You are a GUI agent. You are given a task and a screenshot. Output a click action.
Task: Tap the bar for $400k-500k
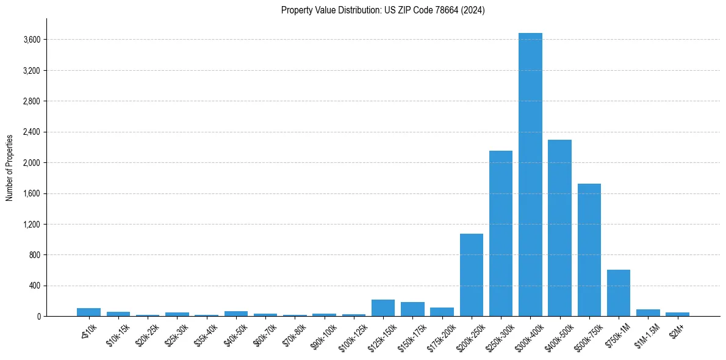point(559,228)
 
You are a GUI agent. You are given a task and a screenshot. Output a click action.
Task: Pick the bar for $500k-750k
point(589,250)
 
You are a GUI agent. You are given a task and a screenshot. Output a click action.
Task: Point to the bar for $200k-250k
point(472,275)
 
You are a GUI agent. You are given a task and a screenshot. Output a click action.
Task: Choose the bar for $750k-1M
point(619,293)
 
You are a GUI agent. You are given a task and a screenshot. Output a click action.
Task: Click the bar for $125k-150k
point(383,308)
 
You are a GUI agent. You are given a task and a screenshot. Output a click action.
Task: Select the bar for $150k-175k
point(412,309)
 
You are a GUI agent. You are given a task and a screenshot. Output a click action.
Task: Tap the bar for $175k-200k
point(442,312)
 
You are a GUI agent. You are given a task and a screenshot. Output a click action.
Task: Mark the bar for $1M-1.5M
point(648,313)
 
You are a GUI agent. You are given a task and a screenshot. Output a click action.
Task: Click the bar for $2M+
point(677,314)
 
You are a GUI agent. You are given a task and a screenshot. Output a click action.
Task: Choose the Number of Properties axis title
point(9,167)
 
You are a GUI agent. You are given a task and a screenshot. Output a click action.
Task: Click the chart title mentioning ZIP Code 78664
point(383,10)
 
